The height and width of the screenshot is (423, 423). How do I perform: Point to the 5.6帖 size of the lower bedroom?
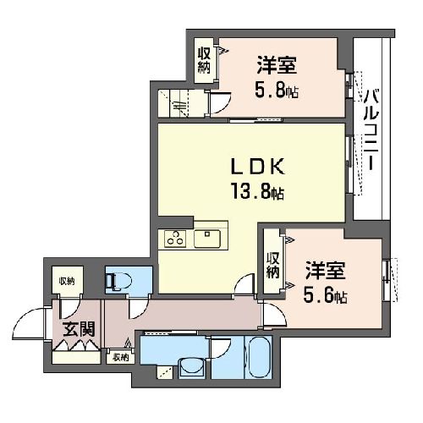(x=325, y=297)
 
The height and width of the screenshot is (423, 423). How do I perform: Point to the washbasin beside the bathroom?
(x=190, y=368)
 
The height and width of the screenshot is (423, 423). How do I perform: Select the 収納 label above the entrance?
(x=67, y=281)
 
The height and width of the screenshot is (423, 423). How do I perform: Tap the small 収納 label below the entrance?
(x=120, y=358)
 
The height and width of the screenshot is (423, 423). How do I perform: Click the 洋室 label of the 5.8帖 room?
(x=277, y=65)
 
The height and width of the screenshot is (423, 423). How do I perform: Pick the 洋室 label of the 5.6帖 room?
(x=325, y=272)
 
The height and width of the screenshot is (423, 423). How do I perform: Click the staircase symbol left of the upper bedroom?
(x=180, y=104)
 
